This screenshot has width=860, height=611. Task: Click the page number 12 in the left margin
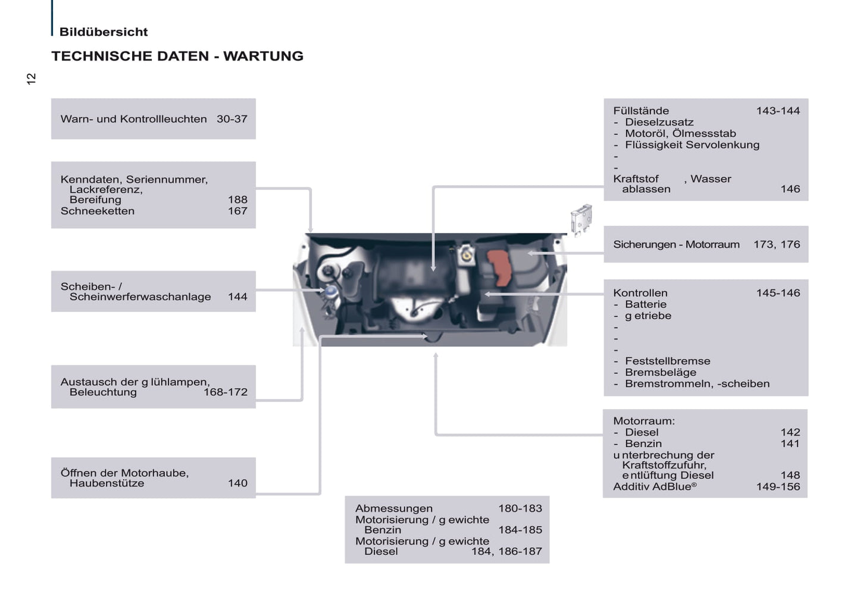pyautogui.click(x=31, y=79)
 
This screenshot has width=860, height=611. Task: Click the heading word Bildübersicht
pyautogui.click(x=104, y=32)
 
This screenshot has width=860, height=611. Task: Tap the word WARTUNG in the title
pyautogui.click(x=264, y=56)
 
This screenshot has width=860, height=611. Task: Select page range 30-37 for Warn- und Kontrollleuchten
pyautogui.click(x=232, y=119)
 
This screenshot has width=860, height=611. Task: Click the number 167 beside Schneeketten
pyautogui.click(x=237, y=211)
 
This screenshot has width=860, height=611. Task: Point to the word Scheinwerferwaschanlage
pyautogui.click(x=140, y=297)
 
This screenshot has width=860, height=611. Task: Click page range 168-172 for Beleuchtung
pyautogui.click(x=226, y=392)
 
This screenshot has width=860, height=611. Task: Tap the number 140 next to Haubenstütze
pyautogui.click(x=237, y=483)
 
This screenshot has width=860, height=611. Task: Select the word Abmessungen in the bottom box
pyautogui.click(x=394, y=509)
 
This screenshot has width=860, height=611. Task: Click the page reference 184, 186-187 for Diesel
pyautogui.click(x=507, y=551)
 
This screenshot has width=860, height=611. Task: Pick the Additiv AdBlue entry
pyautogui.click(x=655, y=487)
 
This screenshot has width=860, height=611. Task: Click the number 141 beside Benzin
pyautogui.click(x=790, y=444)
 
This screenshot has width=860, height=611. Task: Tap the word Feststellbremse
pyautogui.click(x=668, y=361)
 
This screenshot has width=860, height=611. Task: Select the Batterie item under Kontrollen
pyautogui.click(x=646, y=304)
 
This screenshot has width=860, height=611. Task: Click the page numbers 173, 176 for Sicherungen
pyautogui.click(x=777, y=244)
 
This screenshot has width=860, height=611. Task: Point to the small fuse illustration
pyautogui.click(x=581, y=219)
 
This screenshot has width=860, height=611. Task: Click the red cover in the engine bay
pyautogui.click(x=499, y=267)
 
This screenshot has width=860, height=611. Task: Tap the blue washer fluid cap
pyautogui.click(x=330, y=291)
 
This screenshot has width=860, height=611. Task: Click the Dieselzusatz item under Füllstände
pyautogui.click(x=659, y=122)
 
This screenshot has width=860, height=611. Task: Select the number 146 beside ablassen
pyautogui.click(x=790, y=189)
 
